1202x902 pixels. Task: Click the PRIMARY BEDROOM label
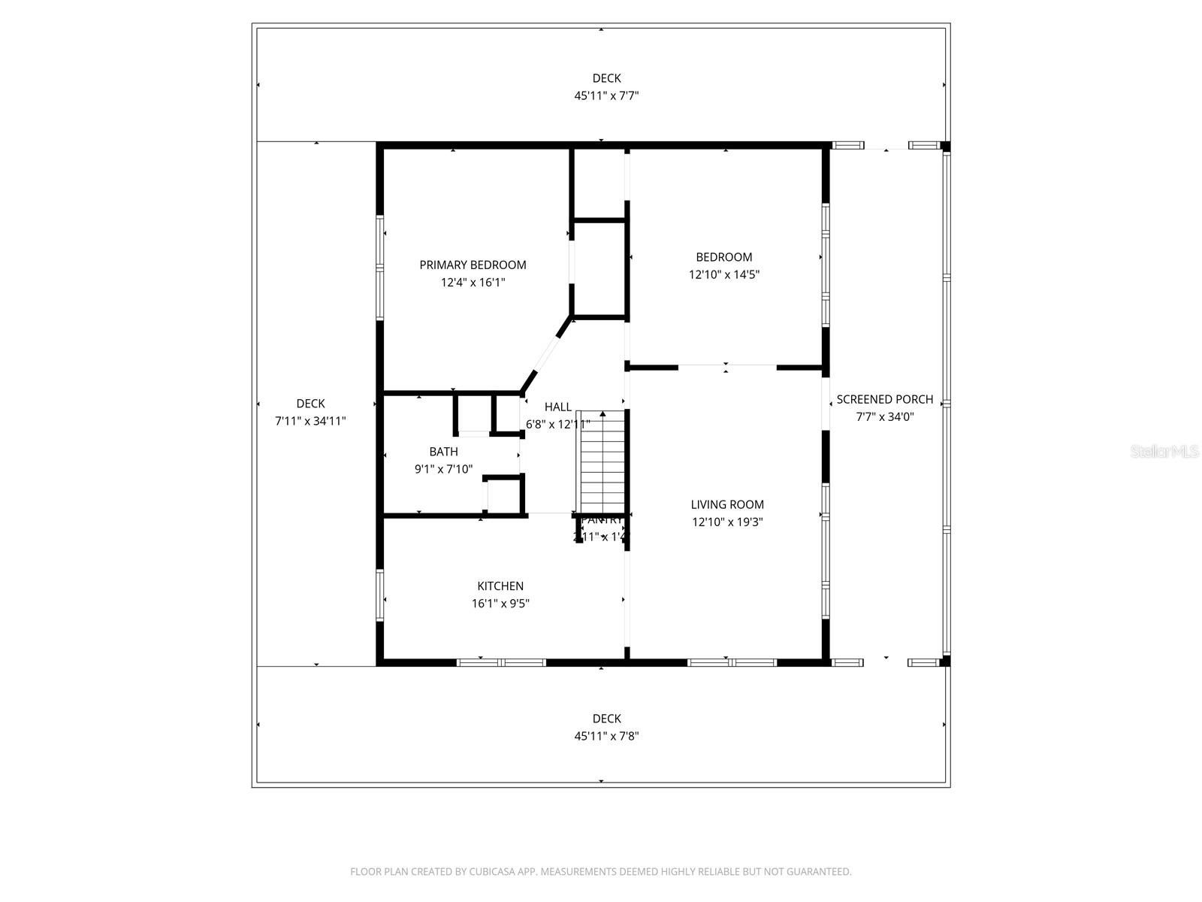click(473, 265)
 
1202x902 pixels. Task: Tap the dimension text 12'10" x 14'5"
click(724, 275)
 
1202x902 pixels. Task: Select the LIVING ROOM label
click(727, 505)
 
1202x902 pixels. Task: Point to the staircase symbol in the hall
click(601, 462)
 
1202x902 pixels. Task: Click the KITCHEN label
click(500, 586)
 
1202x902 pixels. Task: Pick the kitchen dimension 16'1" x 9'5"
click(500, 604)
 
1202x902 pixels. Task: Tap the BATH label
click(443, 452)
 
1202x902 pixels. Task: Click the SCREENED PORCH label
click(885, 400)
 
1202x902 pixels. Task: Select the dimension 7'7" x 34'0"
click(885, 417)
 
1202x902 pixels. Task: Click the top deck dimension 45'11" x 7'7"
click(606, 96)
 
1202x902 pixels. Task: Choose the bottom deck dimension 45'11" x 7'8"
click(606, 737)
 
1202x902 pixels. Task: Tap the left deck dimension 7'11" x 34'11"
click(310, 422)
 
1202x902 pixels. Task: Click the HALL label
click(557, 407)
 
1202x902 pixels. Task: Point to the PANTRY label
click(602, 520)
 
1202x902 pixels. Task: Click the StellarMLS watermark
click(1164, 452)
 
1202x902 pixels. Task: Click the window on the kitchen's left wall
click(380, 595)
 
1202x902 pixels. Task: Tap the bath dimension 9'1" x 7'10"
click(443, 470)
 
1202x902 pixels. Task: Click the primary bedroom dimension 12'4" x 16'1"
click(473, 283)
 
